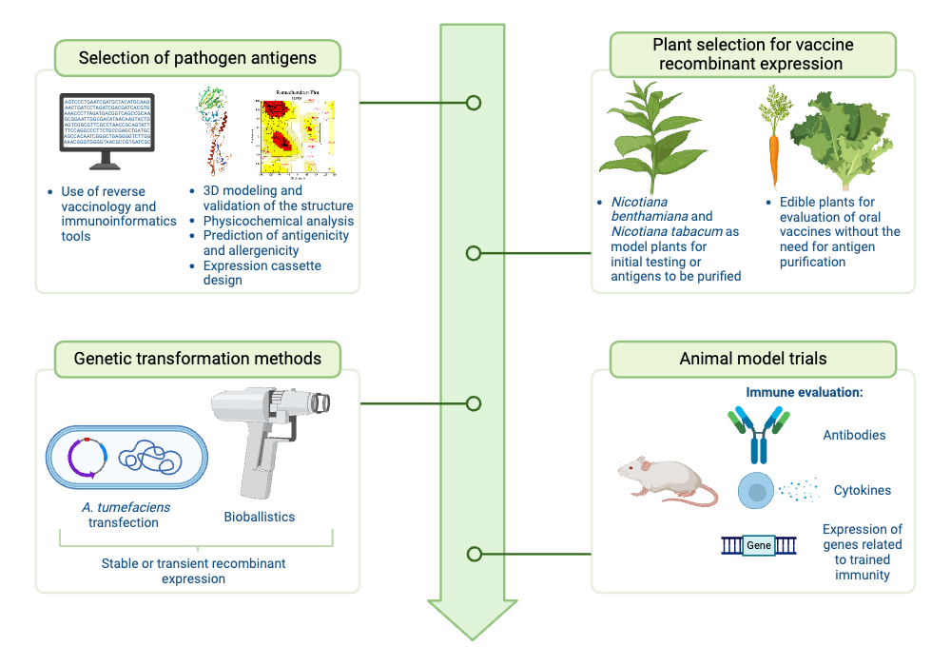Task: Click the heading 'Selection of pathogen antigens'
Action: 198,58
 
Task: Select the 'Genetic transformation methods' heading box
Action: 198,359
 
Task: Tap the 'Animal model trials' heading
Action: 752,359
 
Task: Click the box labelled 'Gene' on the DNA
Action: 759,546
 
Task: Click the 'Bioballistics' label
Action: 259,517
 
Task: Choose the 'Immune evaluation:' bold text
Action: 804,392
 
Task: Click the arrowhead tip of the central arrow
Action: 473,636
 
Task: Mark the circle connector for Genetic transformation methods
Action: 473,403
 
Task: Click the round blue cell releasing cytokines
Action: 756,491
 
